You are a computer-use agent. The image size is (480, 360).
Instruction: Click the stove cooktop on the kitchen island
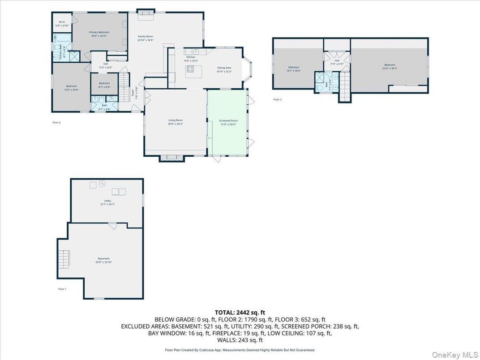point(190,69)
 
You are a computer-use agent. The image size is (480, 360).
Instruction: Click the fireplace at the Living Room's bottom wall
point(172,157)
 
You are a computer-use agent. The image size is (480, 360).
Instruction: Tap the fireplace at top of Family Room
point(145,13)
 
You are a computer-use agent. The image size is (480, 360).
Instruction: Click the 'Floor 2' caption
point(56,122)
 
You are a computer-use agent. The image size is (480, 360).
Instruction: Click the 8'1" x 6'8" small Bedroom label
point(104,85)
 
